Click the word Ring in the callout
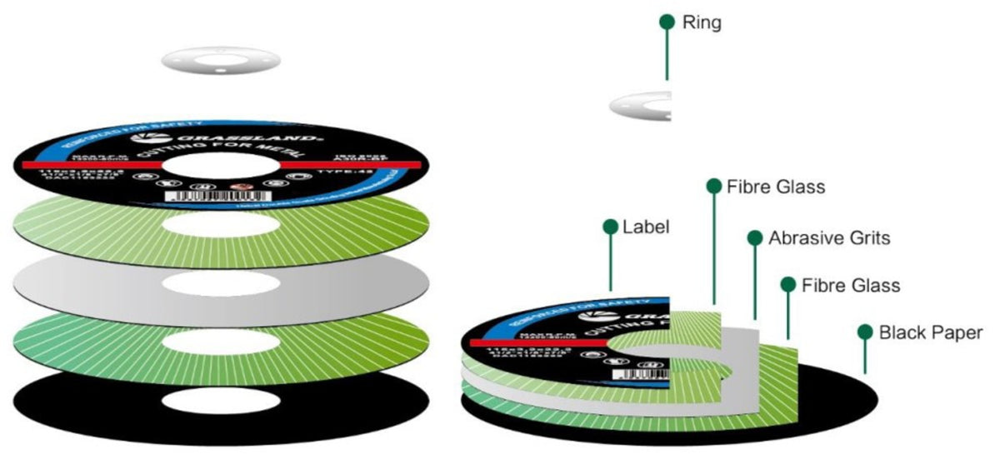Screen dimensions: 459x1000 702,22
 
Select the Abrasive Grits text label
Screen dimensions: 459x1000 829,238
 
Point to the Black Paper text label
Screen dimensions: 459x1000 931,332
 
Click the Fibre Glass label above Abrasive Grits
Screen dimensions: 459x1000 776,187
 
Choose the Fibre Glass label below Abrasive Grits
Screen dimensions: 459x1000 851,285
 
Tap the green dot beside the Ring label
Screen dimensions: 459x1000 667,22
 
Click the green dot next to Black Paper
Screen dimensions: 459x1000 865,332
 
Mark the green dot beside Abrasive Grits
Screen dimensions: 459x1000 755,238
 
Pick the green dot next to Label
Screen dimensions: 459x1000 610,227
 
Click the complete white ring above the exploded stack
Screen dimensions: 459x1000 220,60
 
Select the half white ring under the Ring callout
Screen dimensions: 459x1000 642,106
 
